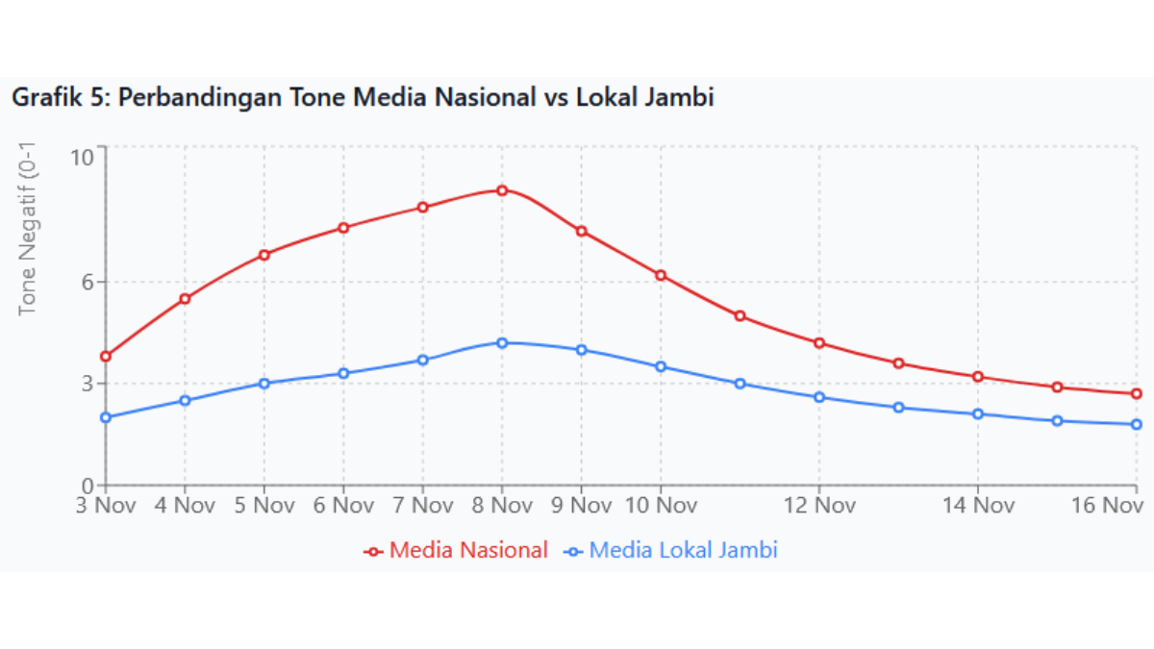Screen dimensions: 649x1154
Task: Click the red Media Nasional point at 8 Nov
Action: click(502, 190)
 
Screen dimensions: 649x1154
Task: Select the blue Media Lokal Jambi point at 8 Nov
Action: click(502, 342)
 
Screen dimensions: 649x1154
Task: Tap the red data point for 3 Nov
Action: click(106, 357)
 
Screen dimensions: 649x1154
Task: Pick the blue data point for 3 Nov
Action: click(106, 417)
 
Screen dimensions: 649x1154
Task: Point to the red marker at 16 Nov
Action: click(1136, 394)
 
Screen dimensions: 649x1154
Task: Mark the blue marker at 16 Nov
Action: click(1136, 424)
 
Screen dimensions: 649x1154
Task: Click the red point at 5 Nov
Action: click(264, 255)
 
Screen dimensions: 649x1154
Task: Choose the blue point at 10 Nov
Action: click(661, 366)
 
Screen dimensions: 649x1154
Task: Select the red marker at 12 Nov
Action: click(819, 343)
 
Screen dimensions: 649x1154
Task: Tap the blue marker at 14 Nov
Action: click(978, 414)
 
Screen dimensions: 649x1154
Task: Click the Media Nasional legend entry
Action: click(456, 551)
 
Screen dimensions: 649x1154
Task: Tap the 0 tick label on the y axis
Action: click(88, 486)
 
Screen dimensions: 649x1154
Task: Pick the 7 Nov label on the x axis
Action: click(422, 505)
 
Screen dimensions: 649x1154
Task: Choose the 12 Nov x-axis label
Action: click(819, 505)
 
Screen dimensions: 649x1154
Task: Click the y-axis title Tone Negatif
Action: click(28, 231)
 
